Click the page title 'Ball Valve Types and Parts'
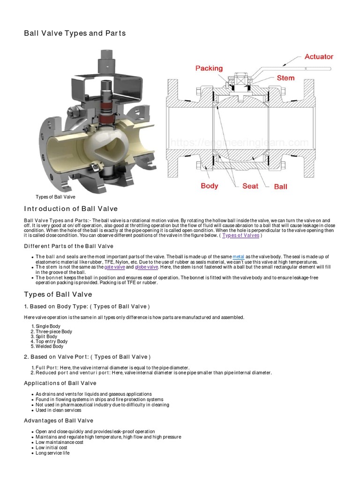pyautogui.click(x=75, y=33)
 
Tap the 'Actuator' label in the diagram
pyautogui.click(x=319, y=57)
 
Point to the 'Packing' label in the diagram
pyautogui.click(x=209, y=68)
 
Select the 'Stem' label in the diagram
pyautogui.click(x=285, y=78)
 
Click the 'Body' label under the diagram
pyautogui.click(x=209, y=186)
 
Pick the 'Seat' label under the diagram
pyautogui.click(x=250, y=186)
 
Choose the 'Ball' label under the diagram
pyautogui.click(x=280, y=186)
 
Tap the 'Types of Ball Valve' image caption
pyautogui.click(x=55, y=197)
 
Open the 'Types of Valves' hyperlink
pyautogui.click(x=240, y=235)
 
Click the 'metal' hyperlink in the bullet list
pyautogui.click(x=239, y=257)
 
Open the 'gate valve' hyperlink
pyautogui.click(x=114, y=267)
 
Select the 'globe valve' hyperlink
pyautogui.click(x=147, y=267)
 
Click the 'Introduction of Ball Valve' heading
pyautogui.click(x=71, y=209)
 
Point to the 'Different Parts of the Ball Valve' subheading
pyautogui.click(x=68, y=246)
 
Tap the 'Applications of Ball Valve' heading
pyautogui.click(x=60, y=383)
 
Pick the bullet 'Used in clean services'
pyautogui.click(x=58, y=410)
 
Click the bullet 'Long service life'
pyautogui.click(x=52, y=453)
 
